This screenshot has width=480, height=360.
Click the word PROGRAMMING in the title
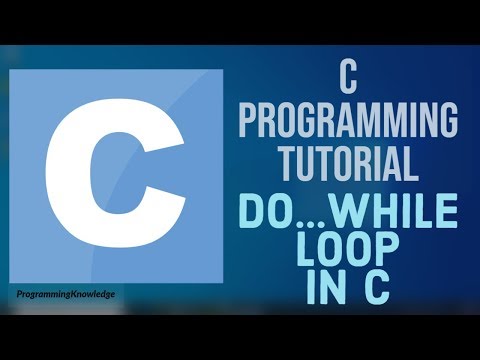[x=348, y=123]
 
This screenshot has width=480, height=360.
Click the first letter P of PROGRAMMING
[x=249, y=123]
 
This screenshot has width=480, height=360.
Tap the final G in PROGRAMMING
[x=446, y=123]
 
